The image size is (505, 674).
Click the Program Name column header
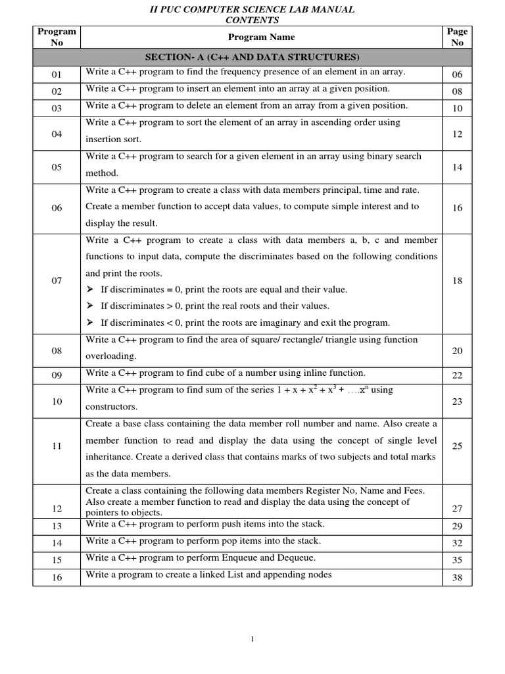(x=261, y=38)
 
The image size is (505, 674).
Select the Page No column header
(x=457, y=37)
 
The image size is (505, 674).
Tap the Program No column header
(x=57, y=37)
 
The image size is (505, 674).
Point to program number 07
(x=57, y=281)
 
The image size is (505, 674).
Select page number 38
(x=458, y=577)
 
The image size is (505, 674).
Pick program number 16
(x=57, y=577)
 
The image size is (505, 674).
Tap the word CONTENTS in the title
(x=252, y=20)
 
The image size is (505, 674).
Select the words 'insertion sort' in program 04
(x=113, y=140)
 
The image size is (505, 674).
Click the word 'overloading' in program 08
(x=111, y=356)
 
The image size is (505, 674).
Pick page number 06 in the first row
(x=458, y=74)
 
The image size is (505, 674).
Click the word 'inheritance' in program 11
(x=110, y=457)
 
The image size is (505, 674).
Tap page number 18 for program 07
(x=458, y=281)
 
